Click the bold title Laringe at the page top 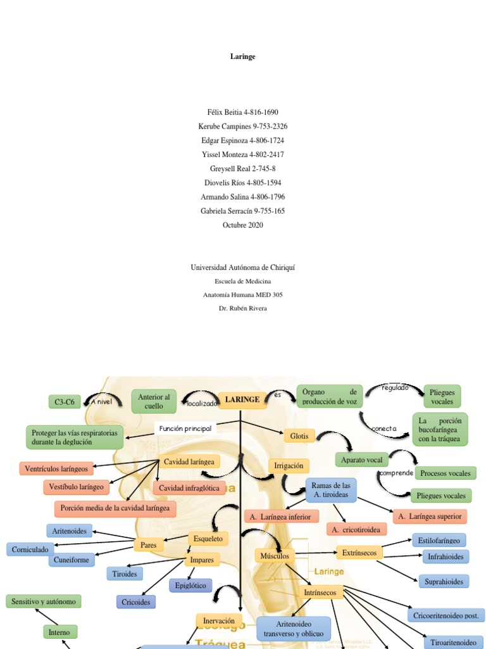tap(242, 56)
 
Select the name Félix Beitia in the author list tap(221, 112)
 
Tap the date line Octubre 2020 tap(242, 225)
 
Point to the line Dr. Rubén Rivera tap(242, 308)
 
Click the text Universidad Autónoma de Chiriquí tap(242, 267)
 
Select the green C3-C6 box tap(65, 402)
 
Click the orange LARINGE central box tap(242, 400)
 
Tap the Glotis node tap(299, 436)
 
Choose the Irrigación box tap(289, 466)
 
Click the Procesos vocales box tap(445, 473)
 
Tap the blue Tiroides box tap(125, 574)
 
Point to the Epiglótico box tap(190, 586)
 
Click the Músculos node tap(275, 556)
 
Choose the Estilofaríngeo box tap(439, 541)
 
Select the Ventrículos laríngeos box tap(57, 469)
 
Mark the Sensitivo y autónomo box tap(44, 601)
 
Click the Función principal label tap(185, 428)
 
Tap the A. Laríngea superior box tap(430, 517)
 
